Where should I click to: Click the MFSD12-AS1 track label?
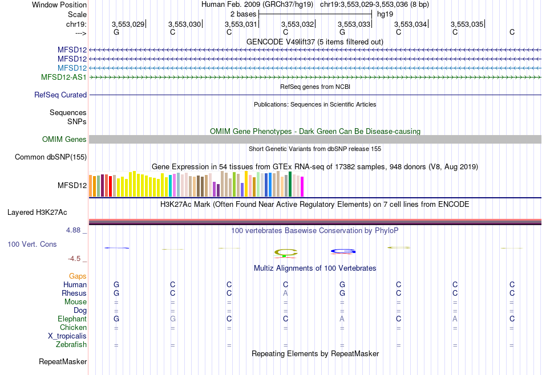coord(64,77)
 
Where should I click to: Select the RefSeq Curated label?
coord(60,95)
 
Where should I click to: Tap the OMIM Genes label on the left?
coord(64,140)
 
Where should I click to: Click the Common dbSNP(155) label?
coord(51,157)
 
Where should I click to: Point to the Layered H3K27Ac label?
coord(37,213)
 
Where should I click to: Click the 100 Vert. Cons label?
coord(32,244)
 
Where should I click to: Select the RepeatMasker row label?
coord(63,362)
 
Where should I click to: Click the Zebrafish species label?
coord(71,345)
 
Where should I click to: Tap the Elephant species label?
coord(72,319)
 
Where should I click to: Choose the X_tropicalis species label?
coord(67,336)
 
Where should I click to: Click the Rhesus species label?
coord(74,294)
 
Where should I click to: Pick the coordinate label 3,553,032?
coord(298,24)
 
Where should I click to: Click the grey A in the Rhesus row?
coord(286,293)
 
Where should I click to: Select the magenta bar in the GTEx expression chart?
coord(302,187)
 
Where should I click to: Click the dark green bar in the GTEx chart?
coord(290,184)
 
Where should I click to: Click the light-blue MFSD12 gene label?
coord(72,68)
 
